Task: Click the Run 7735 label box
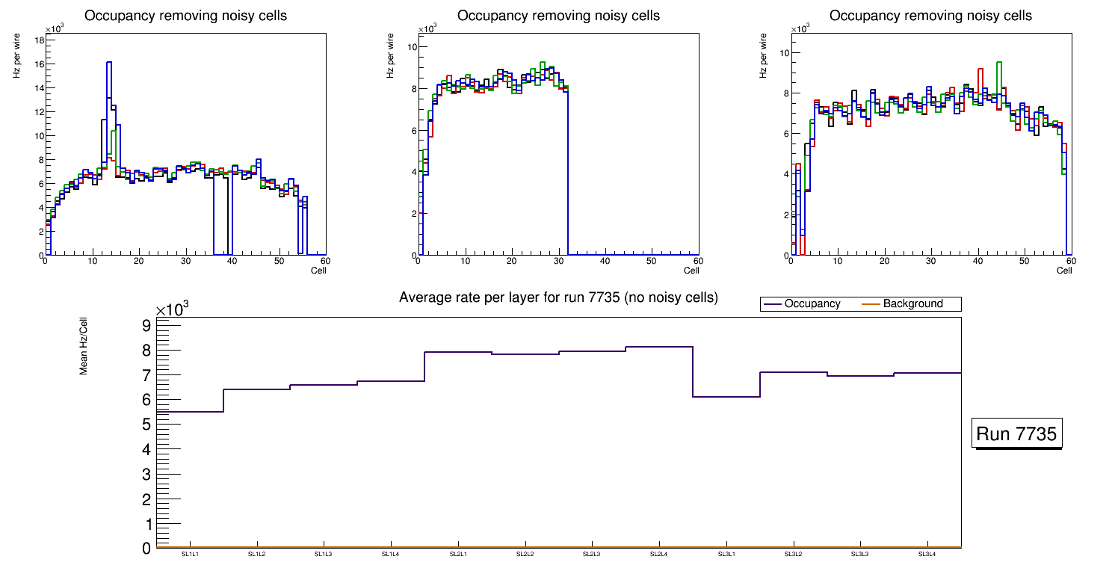[x=1018, y=433]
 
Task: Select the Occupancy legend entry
[x=812, y=304]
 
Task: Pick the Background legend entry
[x=912, y=304]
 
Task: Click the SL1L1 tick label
[x=190, y=555]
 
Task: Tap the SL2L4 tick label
[x=658, y=555]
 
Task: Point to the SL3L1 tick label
[x=726, y=555]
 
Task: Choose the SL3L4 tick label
[x=927, y=555]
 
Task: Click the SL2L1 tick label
[x=457, y=555]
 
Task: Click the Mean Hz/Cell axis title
[x=84, y=345]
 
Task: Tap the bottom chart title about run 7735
[x=558, y=297]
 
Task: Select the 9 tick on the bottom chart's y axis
[x=146, y=325]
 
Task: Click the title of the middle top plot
[x=558, y=16]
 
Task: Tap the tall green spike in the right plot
[x=998, y=63]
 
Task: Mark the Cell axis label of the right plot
[x=1064, y=271]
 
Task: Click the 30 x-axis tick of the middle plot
[x=558, y=262]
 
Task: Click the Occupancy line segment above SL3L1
[x=726, y=396]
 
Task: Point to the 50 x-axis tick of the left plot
[x=279, y=262]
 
